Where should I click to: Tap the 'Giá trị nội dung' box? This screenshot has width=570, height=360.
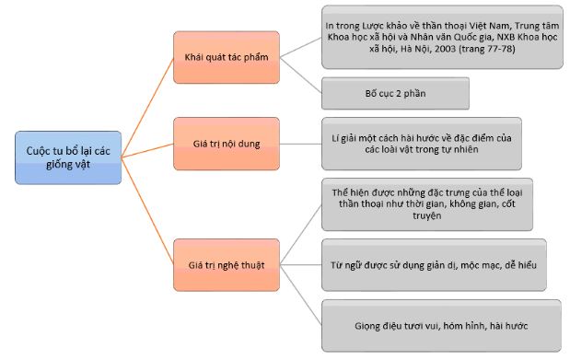click(226, 144)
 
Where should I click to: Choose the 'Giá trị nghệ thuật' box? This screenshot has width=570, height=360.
click(226, 265)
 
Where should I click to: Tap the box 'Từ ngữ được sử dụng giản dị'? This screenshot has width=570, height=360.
click(433, 265)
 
